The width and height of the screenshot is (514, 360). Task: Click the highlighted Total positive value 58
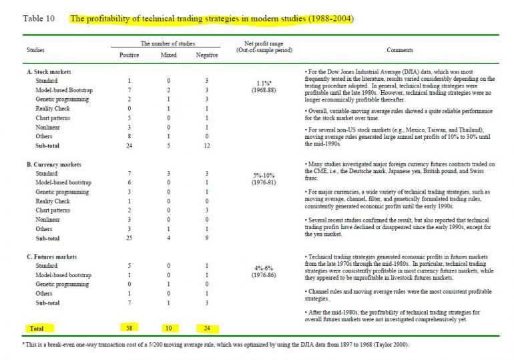click(x=129, y=328)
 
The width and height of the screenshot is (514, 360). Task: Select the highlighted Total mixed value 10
click(x=169, y=328)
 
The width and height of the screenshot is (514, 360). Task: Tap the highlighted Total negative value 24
click(x=206, y=328)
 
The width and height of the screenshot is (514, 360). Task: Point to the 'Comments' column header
click(x=399, y=50)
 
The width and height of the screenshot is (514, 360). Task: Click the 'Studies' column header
click(x=36, y=50)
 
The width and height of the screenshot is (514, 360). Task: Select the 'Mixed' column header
click(x=169, y=55)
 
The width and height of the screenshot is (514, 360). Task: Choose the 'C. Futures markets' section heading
click(x=52, y=256)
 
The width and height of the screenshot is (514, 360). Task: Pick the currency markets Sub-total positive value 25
click(x=129, y=238)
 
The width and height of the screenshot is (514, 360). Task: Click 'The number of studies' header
click(x=168, y=43)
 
